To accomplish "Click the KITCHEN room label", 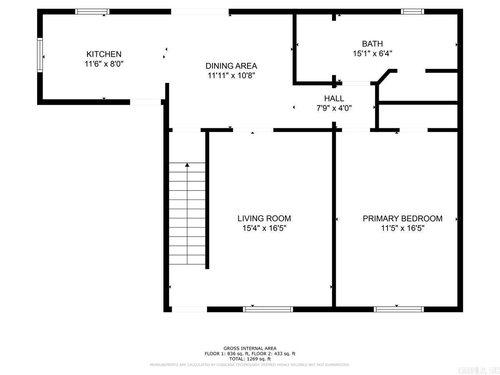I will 104,54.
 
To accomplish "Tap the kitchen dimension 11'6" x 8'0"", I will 104,64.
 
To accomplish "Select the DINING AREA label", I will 231,66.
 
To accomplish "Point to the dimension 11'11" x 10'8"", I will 231,76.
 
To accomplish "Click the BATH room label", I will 372,44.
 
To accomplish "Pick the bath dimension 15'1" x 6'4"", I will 372,53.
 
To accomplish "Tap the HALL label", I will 334,98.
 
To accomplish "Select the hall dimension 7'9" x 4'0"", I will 334,108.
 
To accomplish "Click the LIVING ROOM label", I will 264,218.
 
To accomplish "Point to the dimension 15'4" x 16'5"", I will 264,228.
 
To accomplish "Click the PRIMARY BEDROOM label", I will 402,218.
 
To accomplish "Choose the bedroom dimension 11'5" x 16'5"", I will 402,228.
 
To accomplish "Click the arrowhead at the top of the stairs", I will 187,165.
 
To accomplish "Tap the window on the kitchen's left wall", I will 40,55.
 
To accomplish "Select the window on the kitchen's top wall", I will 92,12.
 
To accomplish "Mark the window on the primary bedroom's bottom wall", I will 399,309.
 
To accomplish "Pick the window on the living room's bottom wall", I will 268,309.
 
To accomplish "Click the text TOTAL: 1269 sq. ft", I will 250,359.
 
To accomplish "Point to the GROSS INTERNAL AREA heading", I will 250,348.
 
